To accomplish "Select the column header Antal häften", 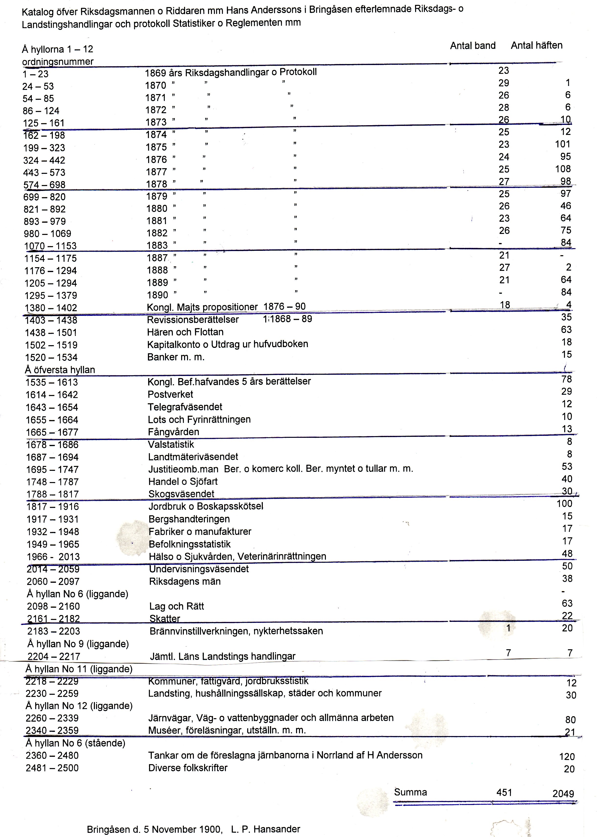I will [536, 45].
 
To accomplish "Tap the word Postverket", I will [170, 395].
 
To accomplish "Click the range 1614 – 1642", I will [52, 395].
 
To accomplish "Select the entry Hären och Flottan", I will [185, 332].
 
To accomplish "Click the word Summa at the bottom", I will [410, 792].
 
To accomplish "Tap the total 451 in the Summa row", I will [504, 793].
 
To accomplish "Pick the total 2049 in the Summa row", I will [563, 794].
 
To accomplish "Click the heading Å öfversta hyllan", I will [60, 370].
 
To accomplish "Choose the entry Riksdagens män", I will [185, 582].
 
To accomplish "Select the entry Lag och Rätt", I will [177, 606].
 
